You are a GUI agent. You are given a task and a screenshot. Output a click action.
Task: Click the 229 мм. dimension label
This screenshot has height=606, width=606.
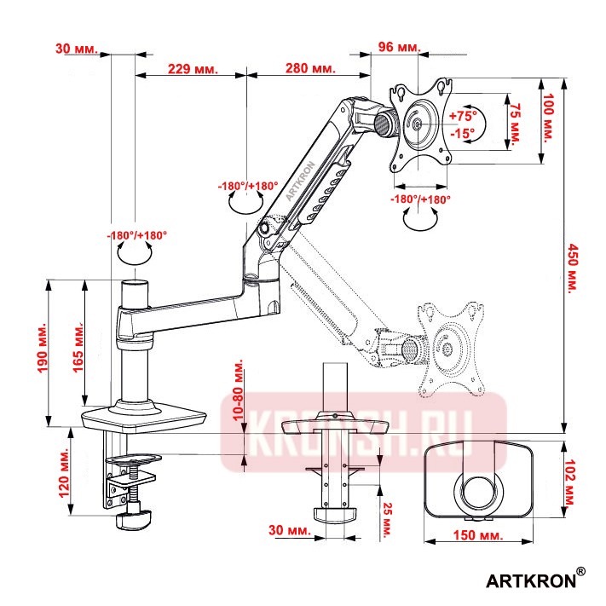193,67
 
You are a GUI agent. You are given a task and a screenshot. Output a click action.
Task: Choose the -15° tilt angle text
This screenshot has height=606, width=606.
464,134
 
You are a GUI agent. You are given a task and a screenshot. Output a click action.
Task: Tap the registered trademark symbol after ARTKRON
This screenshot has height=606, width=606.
580,571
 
